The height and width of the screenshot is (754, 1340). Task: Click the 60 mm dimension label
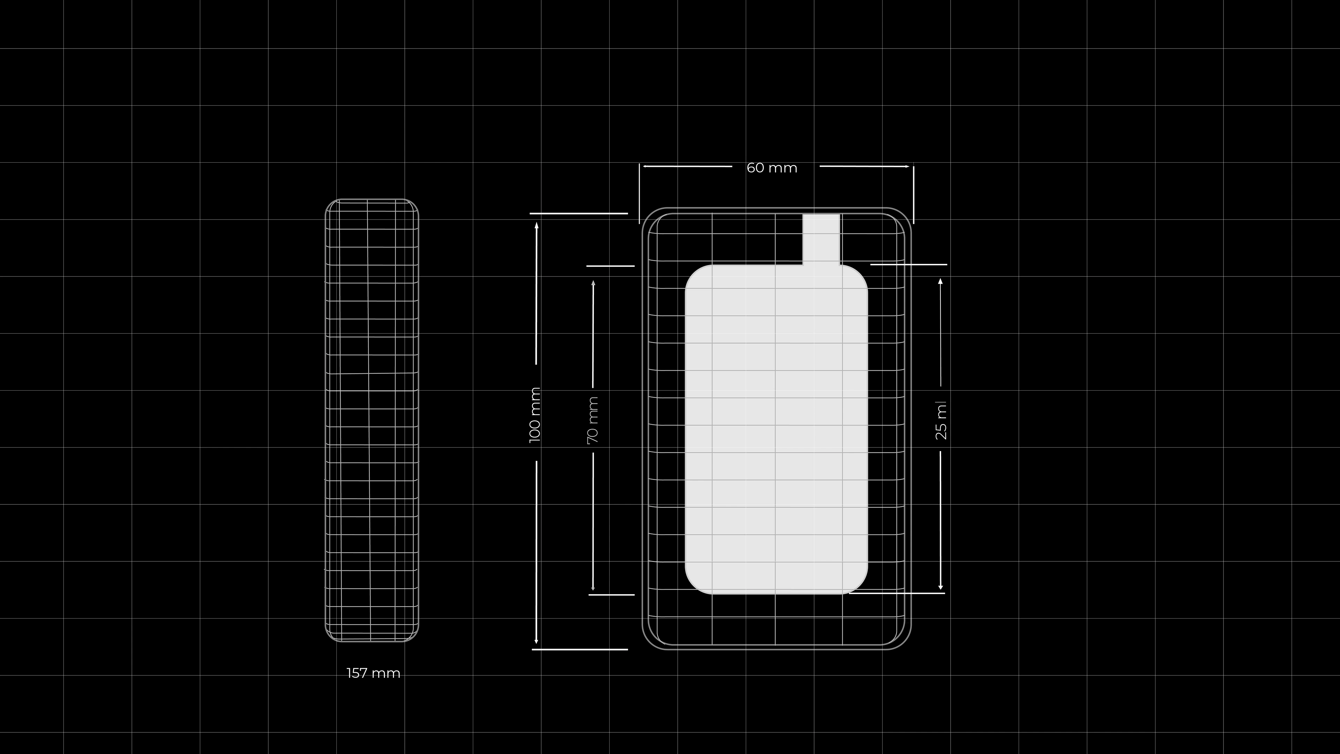[x=772, y=168]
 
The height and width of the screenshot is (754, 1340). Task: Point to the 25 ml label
[x=941, y=420]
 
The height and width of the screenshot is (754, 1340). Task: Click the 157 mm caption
[x=373, y=673]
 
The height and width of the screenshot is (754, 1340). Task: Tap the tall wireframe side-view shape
[x=372, y=420]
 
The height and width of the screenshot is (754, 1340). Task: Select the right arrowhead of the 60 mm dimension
[x=907, y=167]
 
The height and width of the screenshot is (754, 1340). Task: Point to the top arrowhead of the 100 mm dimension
[x=536, y=225]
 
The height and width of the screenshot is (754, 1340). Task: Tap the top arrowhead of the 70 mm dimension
[x=593, y=283]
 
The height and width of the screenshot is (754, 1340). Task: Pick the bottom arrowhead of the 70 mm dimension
[x=593, y=587]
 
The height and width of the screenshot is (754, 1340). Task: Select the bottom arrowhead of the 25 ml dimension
[x=940, y=585]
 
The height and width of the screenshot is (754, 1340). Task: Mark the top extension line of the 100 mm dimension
[x=579, y=213]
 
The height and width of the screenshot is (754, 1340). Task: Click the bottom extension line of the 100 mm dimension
[x=580, y=649]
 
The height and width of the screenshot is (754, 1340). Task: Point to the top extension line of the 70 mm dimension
[x=611, y=266]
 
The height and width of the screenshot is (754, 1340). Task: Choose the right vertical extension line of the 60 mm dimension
[x=914, y=195]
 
